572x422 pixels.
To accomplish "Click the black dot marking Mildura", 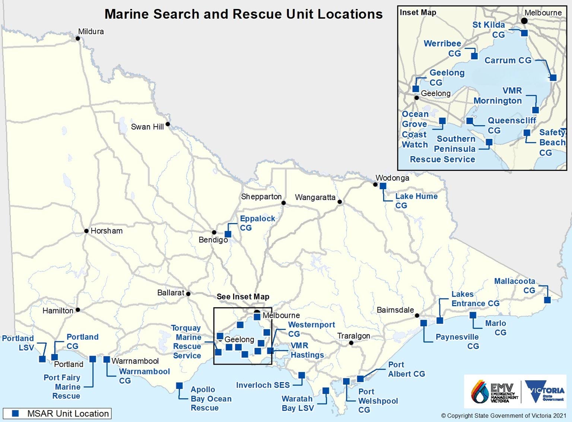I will (78, 38).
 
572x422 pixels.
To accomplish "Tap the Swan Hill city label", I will (147, 127).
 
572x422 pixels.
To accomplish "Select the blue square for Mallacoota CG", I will (547, 300).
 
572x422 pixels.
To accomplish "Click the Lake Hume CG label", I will (416, 201).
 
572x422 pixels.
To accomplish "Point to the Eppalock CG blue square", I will (228, 234).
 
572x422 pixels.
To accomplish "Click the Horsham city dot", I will (86, 231).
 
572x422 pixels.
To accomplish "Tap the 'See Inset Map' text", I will (243, 296).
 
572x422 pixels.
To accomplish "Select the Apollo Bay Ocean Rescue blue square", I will (179, 385).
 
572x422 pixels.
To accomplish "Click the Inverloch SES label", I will (263, 385).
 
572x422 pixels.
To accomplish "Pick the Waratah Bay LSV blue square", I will (326, 391).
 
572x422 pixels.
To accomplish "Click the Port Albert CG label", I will (406, 369).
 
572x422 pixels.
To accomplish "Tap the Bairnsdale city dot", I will (417, 315).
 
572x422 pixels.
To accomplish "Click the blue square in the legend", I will (15, 413).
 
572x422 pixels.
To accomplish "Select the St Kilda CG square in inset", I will (524, 33).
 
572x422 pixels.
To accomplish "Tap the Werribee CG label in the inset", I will (442, 48).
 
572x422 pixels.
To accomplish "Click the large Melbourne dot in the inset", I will (524, 21).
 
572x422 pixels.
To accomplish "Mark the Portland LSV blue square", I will (42, 359).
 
